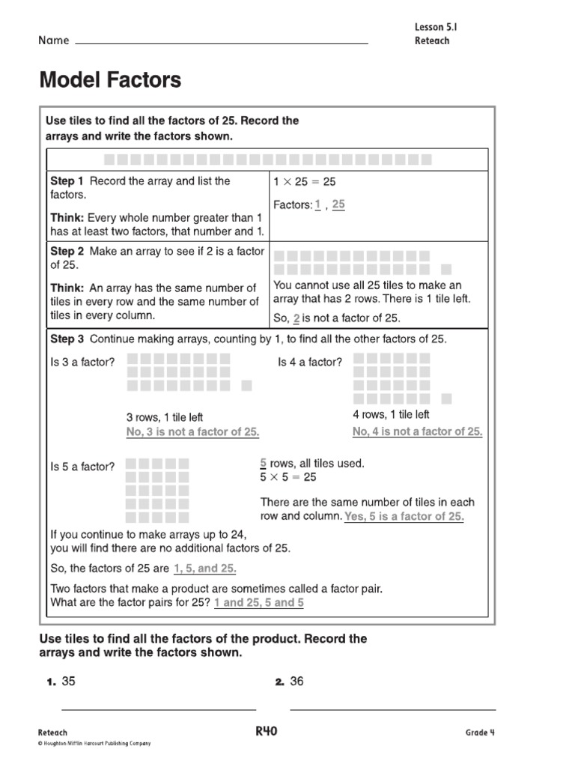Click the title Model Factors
coord(110,80)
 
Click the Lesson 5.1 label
coord(435,27)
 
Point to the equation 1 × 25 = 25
coord(305,181)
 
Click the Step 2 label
coord(67,251)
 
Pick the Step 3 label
coord(67,339)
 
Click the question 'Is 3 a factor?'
coord(82,363)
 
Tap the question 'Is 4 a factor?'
coord(310,363)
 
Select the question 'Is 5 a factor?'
coord(82,467)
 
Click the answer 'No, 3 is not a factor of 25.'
coord(192,432)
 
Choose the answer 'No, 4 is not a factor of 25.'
coord(417,431)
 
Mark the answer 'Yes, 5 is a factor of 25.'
coord(404,517)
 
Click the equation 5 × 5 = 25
coord(287,477)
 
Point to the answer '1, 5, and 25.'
coord(204,569)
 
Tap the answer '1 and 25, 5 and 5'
coord(258,602)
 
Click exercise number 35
coord(69,682)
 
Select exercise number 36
coord(296,682)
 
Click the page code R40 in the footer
coord(266,731)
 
